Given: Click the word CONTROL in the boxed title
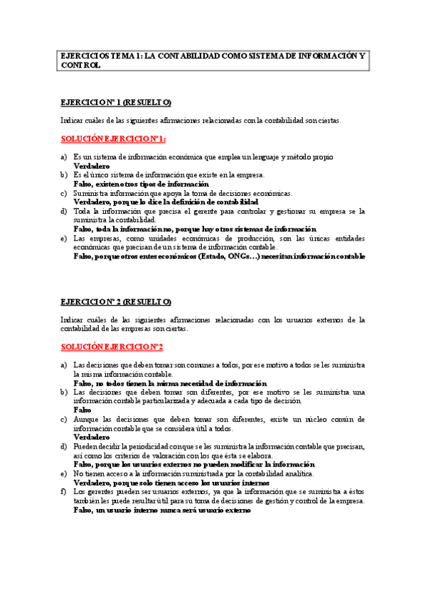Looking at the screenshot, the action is pyautogui.click(x=80, y=65).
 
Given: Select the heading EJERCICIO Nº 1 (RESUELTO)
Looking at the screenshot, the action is pyautogui.click(x=116, y=102).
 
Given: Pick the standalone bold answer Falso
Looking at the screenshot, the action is pyautogui.click(x=82, y=410).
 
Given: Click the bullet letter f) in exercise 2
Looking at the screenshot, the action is pyautogui.click(x=63, y=491).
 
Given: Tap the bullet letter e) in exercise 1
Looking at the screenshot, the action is pyautogui.click(x=63, y=239).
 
